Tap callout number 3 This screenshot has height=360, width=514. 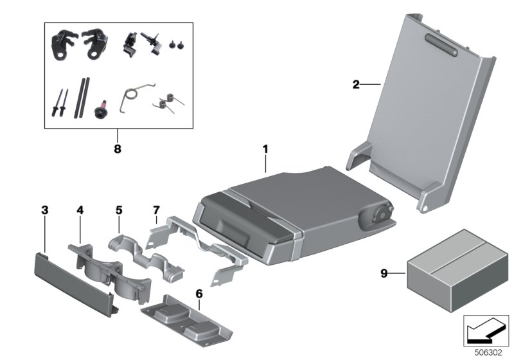point(44,210)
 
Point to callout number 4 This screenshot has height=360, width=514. point(80,210)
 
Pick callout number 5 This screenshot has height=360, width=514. point(119,210)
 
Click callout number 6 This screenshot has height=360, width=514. point(199,293)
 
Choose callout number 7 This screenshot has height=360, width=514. point(156,210)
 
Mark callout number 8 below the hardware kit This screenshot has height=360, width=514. point(117,148)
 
